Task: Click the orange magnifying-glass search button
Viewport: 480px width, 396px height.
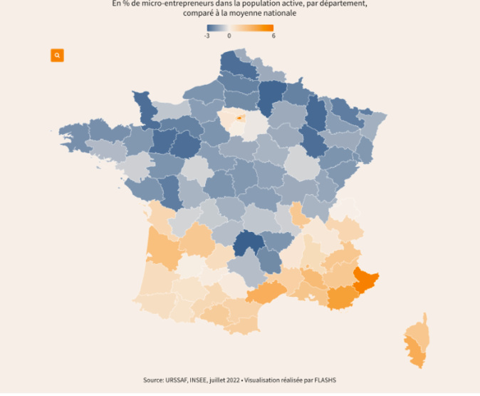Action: point(57,56)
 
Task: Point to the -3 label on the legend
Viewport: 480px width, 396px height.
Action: point(207,36)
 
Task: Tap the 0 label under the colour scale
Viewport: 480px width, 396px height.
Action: point(229,36)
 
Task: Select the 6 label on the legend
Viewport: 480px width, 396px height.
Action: point(273,36)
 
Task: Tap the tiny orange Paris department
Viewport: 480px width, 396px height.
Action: point(240,118)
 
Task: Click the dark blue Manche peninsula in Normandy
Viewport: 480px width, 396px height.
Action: point(147,107)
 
